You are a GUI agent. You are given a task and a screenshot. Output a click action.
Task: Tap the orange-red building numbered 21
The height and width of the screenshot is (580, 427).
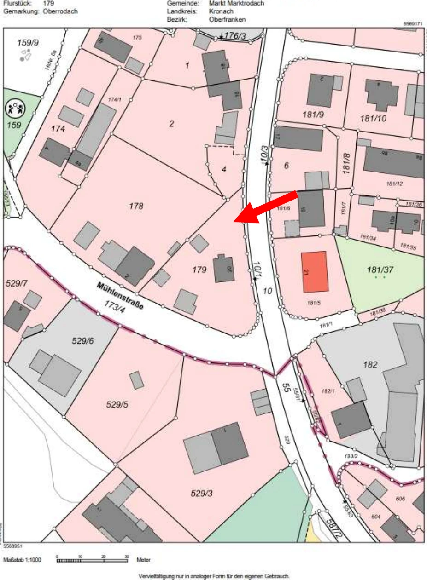(x=315, y=271)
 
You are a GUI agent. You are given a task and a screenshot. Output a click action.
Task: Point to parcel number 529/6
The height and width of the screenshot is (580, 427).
(x=82, y=341)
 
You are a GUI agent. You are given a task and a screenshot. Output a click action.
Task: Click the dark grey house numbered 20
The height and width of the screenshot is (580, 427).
(x=223, y=269)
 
